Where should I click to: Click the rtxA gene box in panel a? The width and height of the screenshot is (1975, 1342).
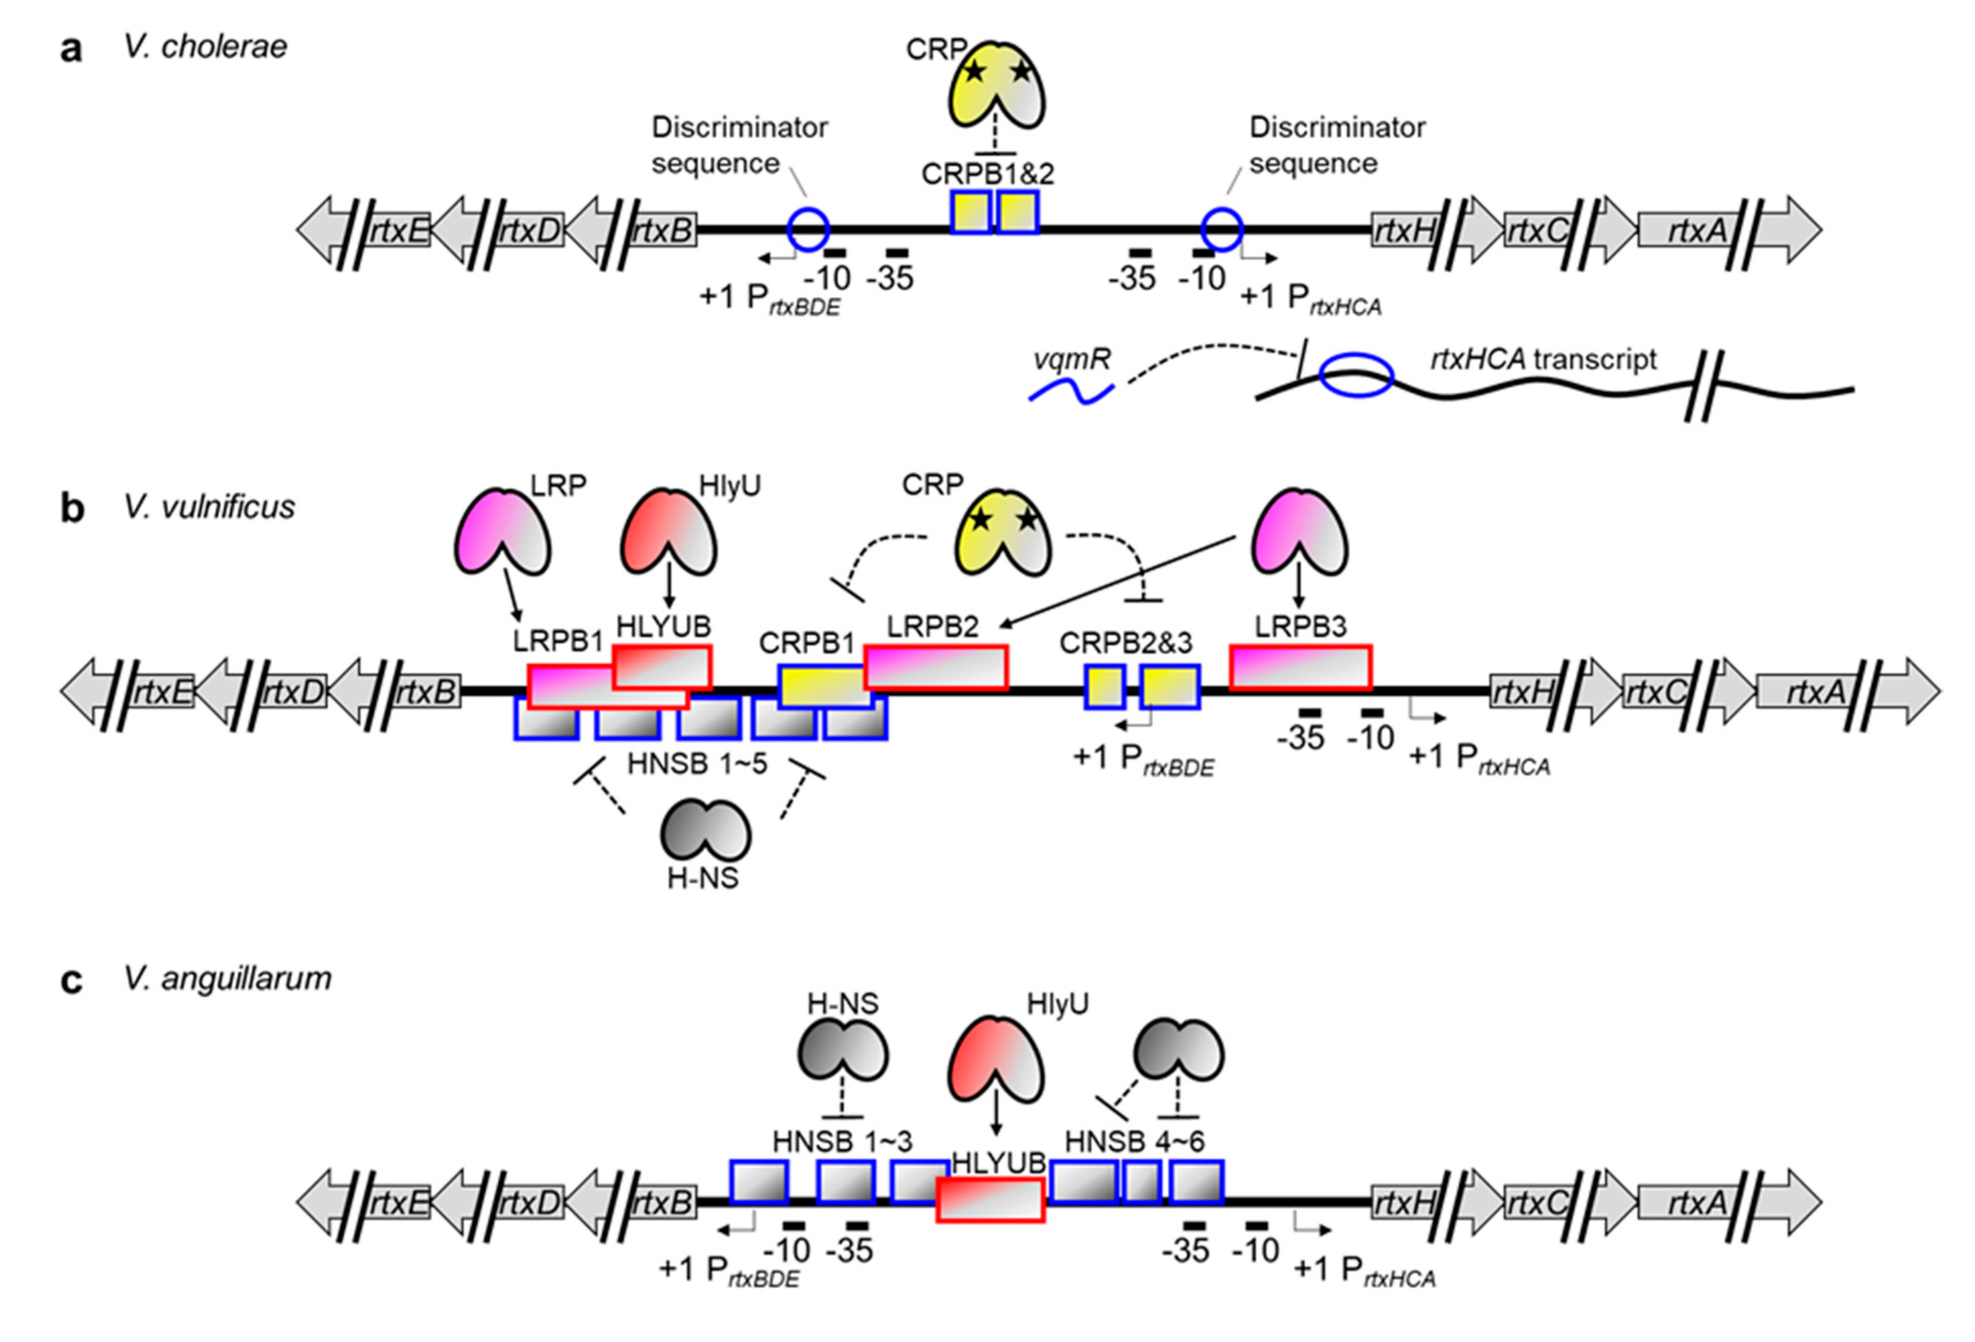pyautogui.click(x=1688, y=230)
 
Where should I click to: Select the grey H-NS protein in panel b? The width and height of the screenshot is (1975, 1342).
pyautogui.click(x=705, y=831)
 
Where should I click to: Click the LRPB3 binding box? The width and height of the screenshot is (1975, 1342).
pyautogui.click(x=1300, y=667)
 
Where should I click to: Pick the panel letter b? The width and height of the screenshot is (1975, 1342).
pyautogui.click(x=72, y=508)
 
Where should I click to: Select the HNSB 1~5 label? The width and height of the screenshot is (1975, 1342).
pyautogui.click(x=697, y=763)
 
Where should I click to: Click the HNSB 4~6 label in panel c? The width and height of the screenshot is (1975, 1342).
pyautogui.click(x=1134, y=1142)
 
